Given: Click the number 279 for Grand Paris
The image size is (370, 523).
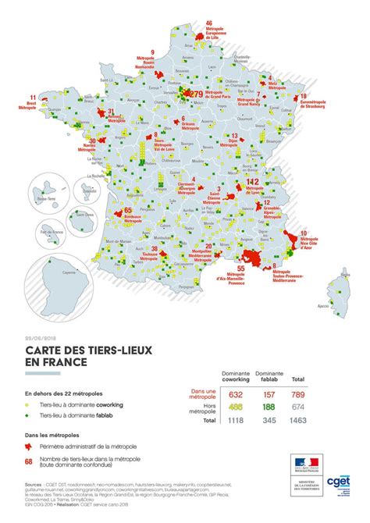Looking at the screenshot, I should tap(196, 94).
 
